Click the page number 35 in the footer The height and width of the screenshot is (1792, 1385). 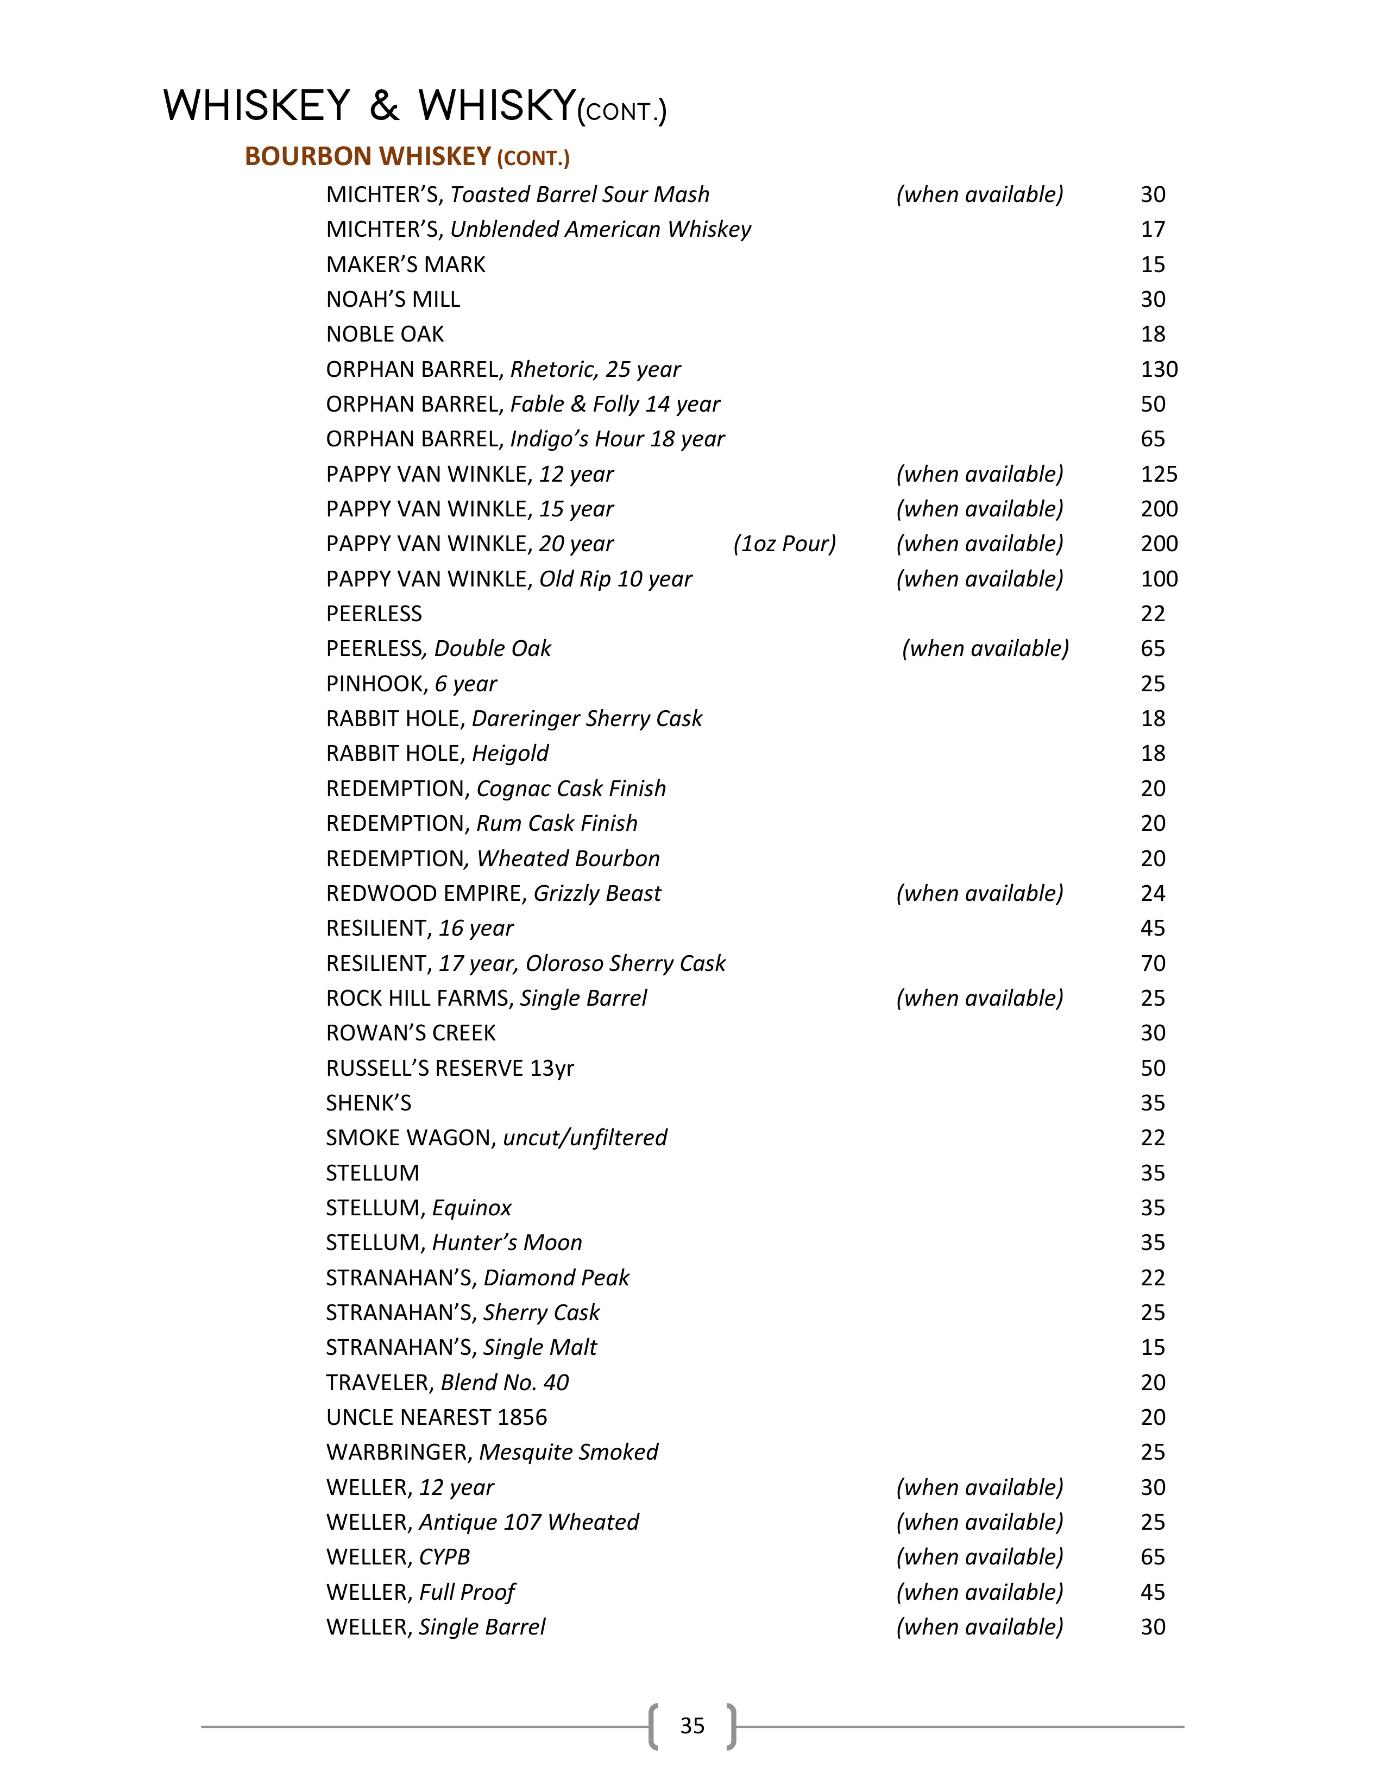[x=691, y=1726]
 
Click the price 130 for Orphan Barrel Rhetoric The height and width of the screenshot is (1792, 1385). [x=1159, y=369]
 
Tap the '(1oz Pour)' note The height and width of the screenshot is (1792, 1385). [x=784, y=544]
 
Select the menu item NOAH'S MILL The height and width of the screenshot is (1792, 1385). [x=393, y=300]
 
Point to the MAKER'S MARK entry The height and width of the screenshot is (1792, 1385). [x=405, y=264]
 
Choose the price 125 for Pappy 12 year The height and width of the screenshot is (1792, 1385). [x=1159, y=474]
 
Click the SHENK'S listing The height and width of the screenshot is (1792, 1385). [x=368, y=1103]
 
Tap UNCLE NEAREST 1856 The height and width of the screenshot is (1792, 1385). [x=437, y=1417]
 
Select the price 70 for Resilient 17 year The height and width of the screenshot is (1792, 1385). [x=1153, y=963]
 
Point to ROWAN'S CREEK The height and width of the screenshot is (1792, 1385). [x=411, y=1033]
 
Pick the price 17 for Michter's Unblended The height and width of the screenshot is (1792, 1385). [x=1153, y=230]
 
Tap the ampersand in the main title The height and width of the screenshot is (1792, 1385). [x=384, y=106]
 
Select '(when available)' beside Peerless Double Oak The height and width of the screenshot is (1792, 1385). [x=985, y=649]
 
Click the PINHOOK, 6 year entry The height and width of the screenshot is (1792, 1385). [x=411, y=684]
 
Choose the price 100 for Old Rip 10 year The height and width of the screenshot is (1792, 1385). [x=1159, y=579]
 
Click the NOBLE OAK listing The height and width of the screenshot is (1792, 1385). [x=385, y=334]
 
